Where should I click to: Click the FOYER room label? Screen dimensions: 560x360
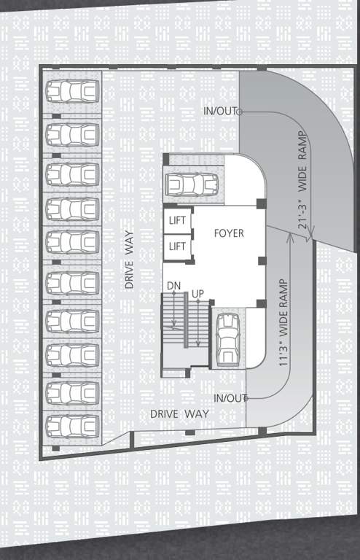tap(228, 233)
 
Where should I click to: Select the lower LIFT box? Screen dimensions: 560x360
tap(177, 246)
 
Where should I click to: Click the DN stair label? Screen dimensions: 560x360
tap(173, 284)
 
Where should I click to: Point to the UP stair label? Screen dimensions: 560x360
tap(197, 293)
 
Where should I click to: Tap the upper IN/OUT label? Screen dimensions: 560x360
tap(219, 111)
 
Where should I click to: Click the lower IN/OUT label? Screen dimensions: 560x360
tap(229, 398)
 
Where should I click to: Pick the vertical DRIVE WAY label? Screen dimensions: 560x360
tap(129, 260)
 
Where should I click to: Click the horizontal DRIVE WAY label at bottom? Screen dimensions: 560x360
tap(179, 413)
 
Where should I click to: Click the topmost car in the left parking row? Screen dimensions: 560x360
tap(72, 92)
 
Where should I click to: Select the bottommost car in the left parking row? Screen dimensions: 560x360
tap(72, 424)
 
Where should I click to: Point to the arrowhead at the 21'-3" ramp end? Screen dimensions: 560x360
tap(310, 235)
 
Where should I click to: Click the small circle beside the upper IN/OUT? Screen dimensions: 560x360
tap(240, 112)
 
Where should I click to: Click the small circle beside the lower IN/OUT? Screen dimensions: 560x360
tap(248, 398)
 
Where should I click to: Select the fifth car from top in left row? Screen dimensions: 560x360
tap(72, 242)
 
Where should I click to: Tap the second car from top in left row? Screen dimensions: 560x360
tap(72, 134)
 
